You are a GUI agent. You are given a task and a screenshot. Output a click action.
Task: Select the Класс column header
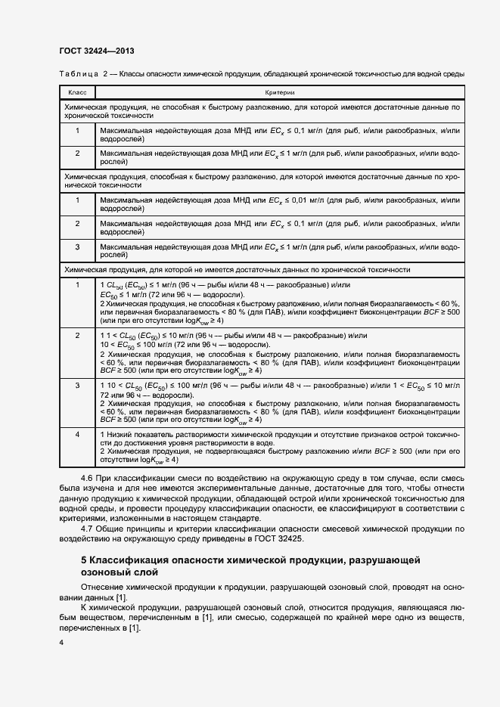click(x=77, y=91)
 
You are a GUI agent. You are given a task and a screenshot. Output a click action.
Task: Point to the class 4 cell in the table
click(x=77, y=434)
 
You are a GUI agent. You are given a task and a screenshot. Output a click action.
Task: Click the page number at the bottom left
click(x=62, y=642)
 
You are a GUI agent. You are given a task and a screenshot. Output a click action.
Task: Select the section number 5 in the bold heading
click(x=83, y=560)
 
